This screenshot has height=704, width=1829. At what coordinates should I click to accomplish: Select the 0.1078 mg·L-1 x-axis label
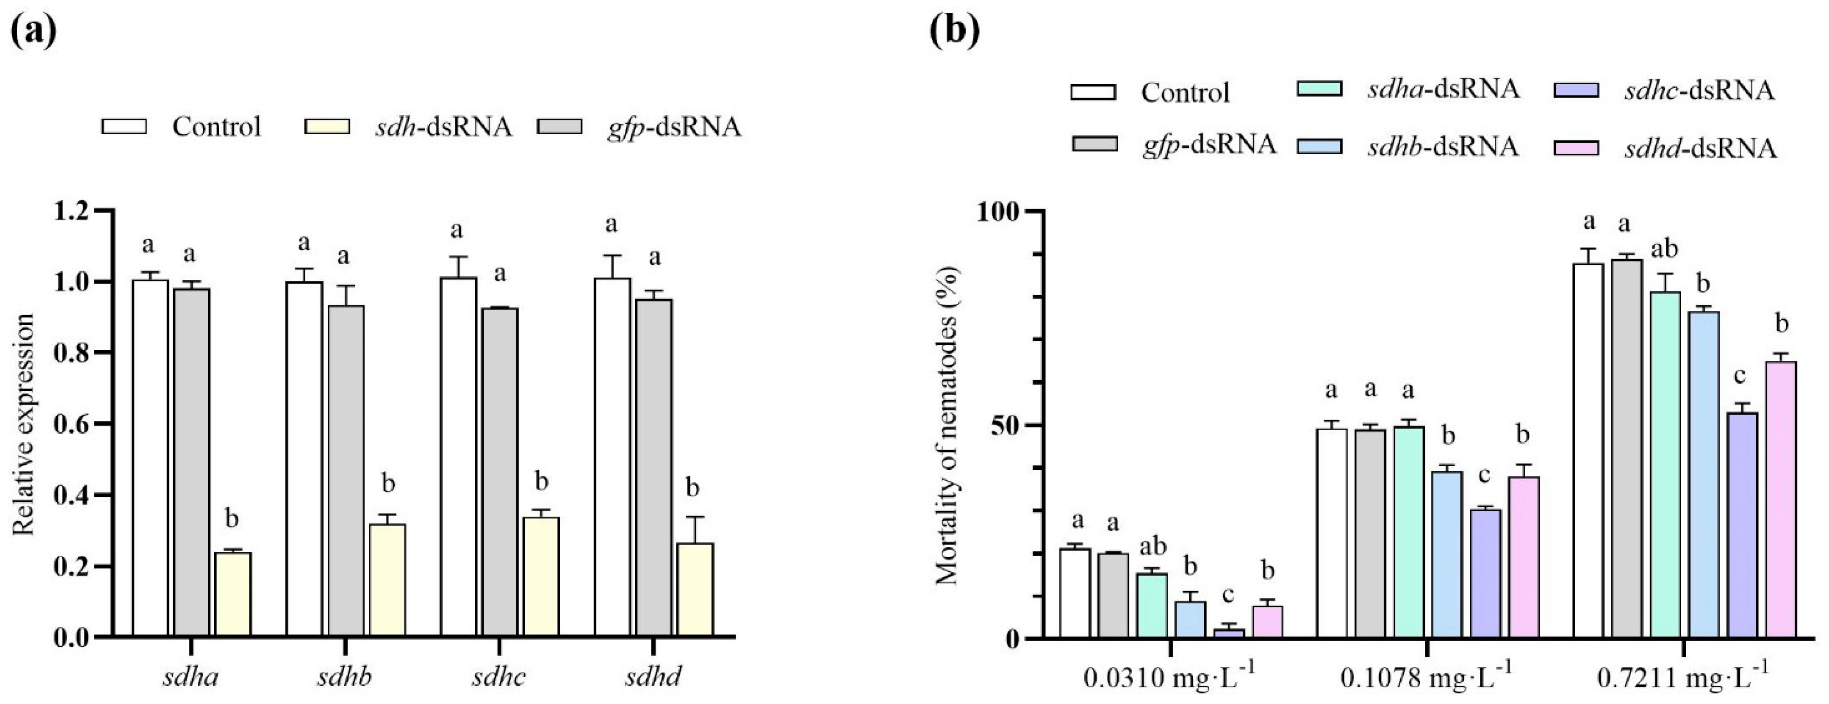coord(1427,678)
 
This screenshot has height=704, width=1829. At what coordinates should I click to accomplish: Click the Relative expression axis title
coord(24,425)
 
